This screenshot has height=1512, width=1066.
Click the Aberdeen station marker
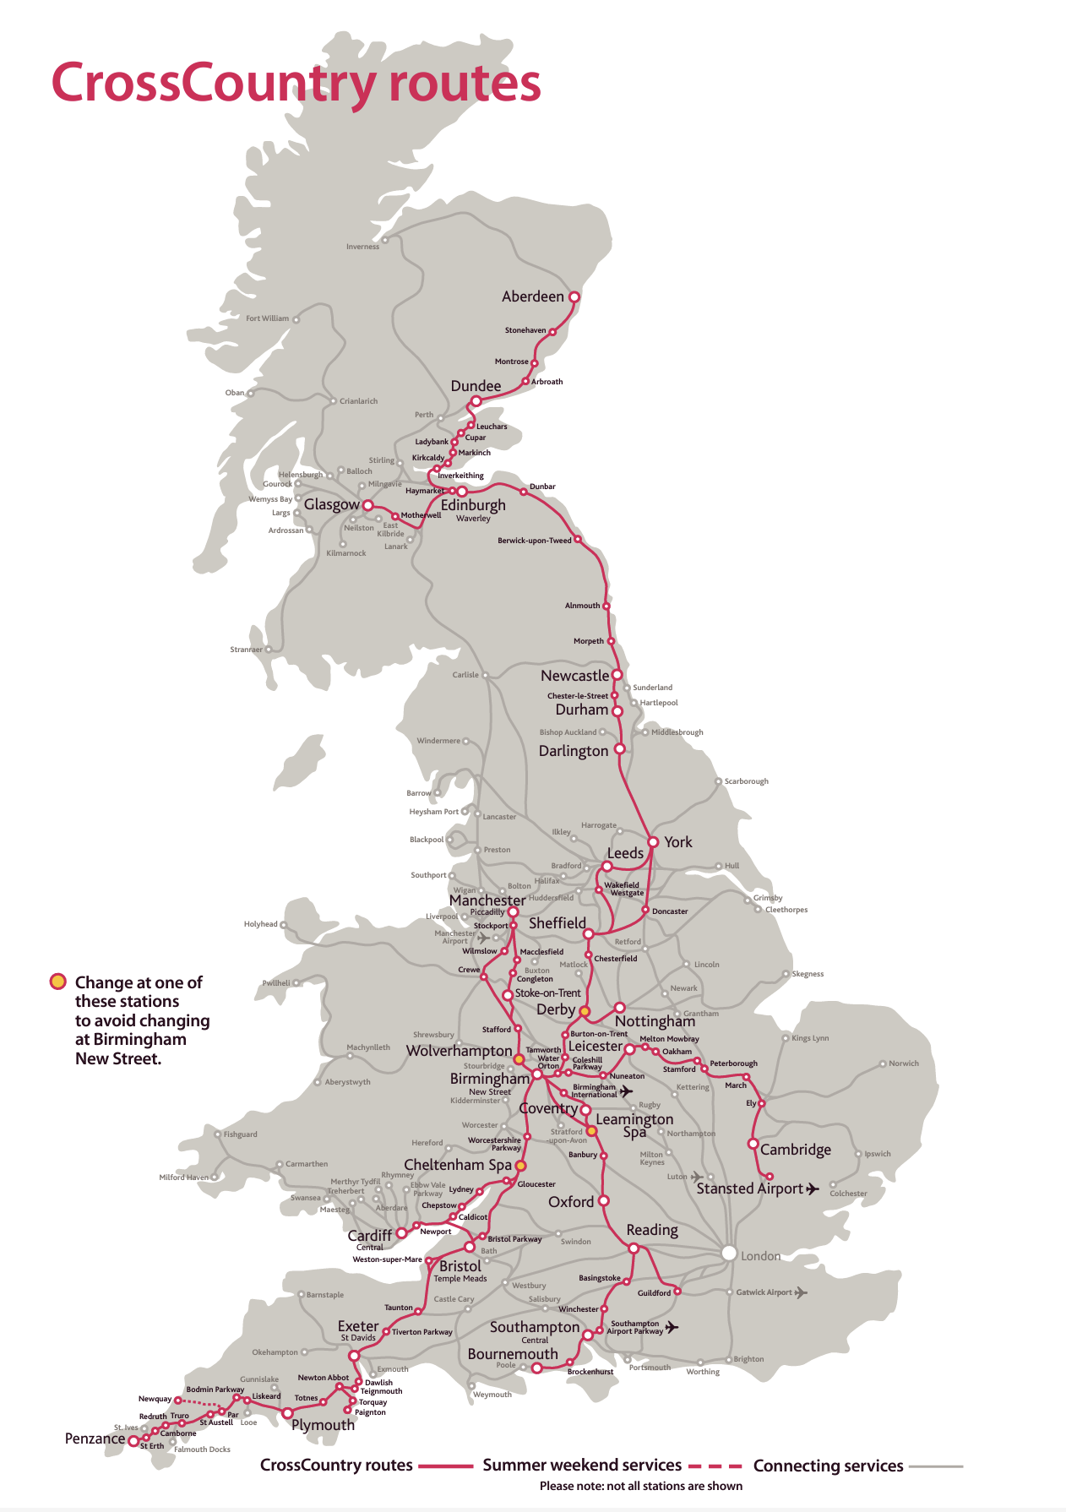click(574, 297)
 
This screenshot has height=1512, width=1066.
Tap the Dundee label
click(476, 386)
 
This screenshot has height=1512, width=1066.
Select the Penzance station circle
click(133, 1442)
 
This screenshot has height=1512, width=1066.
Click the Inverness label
click(362, 247)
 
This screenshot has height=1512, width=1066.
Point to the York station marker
click(653, 842)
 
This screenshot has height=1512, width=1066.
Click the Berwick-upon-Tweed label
click(534, 541)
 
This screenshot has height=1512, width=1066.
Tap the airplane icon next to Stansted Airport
click(813, 1189)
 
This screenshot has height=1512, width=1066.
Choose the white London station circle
click(729, 1254)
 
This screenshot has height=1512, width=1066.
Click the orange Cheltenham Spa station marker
click(520, 1166)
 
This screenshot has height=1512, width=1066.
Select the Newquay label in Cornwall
click(155, 1399)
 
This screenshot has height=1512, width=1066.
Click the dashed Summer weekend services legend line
click(715, 1466)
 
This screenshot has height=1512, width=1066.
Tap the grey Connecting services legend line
click(936, 1466)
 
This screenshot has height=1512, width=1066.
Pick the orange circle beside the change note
click(57, 982)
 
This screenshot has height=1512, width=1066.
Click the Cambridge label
click(795, 1150)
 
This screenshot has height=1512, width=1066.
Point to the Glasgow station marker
click(367, 505)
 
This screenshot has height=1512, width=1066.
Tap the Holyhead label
click(260, 924)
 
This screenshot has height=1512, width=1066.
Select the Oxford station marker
click(603, 1200)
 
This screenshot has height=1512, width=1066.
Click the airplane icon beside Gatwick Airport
click(801, 1292)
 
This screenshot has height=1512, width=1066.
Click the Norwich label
click(903, 1063)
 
